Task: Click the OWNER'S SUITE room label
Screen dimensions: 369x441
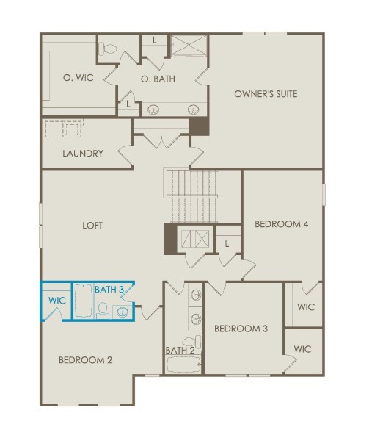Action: pos(266,94)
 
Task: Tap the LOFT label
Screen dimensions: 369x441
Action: pos(92,226)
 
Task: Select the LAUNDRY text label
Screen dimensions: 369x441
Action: pos(83,154)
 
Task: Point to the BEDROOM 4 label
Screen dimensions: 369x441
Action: pos(282,224)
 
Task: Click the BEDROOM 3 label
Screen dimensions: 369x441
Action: pos(241,329)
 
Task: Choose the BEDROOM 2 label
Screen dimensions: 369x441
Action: pos(85,360)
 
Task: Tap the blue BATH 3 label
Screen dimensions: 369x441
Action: pos(109,290)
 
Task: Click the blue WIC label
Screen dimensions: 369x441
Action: pos(57,301)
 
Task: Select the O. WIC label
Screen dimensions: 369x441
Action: pos(78,78)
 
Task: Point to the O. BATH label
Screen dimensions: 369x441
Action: pos(158,79)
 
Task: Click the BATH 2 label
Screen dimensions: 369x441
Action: pos(180,351)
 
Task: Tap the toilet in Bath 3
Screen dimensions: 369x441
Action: pos(103,310)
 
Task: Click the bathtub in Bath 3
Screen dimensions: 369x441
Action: pos(84,301)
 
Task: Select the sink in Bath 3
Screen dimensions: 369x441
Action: pos(123,312)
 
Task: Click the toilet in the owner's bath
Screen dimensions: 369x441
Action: pos(108,49)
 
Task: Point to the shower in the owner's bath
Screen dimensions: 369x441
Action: pos(189,46)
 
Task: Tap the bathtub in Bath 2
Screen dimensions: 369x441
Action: pos(183,365)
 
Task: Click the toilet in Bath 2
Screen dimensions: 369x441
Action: pos(192,342)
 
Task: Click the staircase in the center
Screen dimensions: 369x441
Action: pos(191,196)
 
